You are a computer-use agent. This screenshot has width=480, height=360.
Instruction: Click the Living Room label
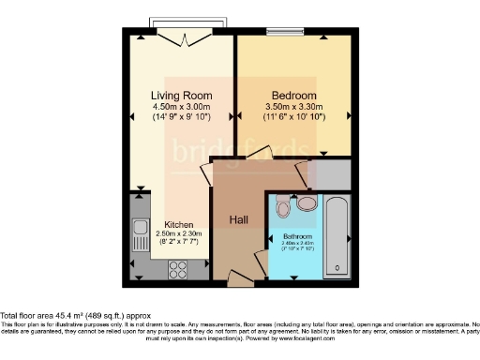click(182, 96)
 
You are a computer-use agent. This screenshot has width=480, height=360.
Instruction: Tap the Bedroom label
click(293, 96)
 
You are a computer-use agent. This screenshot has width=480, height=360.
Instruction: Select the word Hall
click(238, 219)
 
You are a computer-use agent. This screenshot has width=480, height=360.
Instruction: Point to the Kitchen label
click(179, 225)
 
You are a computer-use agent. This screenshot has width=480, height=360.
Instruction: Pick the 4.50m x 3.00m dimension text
click(182, 107)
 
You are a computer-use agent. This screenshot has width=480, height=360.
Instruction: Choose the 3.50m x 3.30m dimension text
click(293, 107)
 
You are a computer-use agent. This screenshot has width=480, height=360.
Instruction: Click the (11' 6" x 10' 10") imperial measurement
click(293, 117)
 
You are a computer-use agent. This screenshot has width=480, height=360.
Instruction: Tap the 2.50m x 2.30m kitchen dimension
click(179, 233)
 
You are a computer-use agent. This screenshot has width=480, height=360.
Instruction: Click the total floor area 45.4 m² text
click(75, 316)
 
